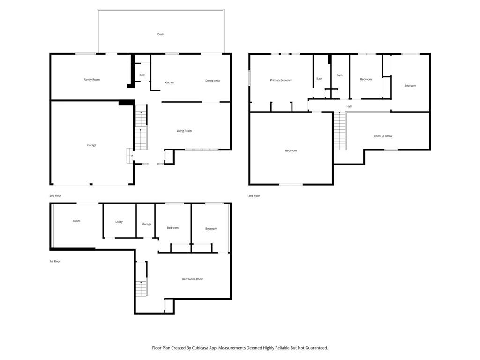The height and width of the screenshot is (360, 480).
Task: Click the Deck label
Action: coord(160,34)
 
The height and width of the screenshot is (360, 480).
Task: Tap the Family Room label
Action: coord(92,80)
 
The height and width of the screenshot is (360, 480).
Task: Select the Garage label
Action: coord(91,145)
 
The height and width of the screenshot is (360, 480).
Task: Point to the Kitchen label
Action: coord(170,82)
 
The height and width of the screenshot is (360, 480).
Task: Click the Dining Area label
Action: coord(212,81)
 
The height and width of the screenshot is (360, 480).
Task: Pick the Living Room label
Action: coord(184,131)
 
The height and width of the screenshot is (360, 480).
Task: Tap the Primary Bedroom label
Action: coord(281,80)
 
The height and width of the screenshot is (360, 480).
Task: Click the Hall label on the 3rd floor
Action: coord(349,106)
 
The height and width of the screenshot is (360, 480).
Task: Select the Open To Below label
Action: coord(383,136)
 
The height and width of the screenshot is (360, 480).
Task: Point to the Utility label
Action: coord(119,222)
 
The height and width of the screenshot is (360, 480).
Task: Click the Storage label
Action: coord(146,224)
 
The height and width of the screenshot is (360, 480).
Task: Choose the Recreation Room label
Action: coord(193,279)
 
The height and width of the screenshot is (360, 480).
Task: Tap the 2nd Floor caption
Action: coord(55,196)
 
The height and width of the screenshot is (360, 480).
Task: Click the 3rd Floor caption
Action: coord(255,196)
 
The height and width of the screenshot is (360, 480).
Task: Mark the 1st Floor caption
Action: coord(55,262)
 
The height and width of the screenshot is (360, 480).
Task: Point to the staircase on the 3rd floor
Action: coord(339,131)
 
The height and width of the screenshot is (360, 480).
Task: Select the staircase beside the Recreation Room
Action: coord(142,279)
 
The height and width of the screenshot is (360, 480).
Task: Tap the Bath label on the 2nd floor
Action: coord(142,75)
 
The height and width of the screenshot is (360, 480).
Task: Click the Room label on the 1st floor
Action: coord(76,221)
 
